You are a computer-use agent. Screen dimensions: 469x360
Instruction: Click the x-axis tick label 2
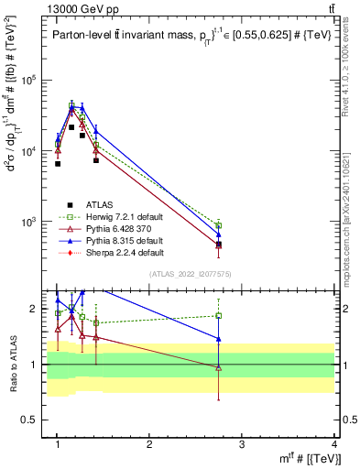(149, 444)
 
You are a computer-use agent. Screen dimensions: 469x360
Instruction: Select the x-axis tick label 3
(242, 444)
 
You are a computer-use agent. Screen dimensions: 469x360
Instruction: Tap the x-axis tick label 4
(333, 444)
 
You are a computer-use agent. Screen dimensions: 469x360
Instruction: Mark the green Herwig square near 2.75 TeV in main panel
(218, 225)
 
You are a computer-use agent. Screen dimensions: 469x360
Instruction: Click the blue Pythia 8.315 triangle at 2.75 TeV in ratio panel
(218, 338)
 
